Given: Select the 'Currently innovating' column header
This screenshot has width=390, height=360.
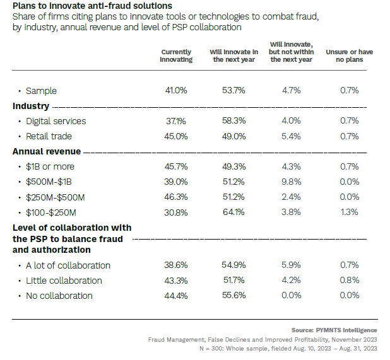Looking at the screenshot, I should click(x=176, y=55).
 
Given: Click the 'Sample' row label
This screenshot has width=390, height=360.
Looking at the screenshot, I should click(x=41, y=91).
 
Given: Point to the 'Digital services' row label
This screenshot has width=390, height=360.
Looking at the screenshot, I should click(x=56, y=121).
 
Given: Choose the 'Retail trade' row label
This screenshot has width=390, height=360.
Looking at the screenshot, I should click(x=49, y=136).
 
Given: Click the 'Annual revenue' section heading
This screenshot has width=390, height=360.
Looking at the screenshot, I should click(x=47, y=151).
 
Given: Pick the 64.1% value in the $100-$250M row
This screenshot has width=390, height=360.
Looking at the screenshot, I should click(x=233, y=212).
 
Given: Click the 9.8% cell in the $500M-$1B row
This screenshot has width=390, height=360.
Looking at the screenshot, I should click(x=291, y=182).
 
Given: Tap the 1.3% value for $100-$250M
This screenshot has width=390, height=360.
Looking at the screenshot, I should click(x=349, y=212).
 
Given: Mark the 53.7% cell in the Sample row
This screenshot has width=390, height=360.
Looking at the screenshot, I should click(x=233, y=91).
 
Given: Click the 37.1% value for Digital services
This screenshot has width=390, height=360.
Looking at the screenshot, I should click(x=176, y=121).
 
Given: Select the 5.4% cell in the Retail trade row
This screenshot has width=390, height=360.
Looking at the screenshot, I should click(x=291, y=136).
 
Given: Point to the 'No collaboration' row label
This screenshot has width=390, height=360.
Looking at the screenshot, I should click(x=59, y=296).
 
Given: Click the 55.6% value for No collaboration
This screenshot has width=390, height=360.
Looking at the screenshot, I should click(x=233, y=296).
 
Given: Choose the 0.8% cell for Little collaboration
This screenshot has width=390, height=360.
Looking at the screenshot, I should click(x=349, y=281).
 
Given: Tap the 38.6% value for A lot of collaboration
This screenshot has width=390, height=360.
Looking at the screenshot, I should click(x=176, y=265).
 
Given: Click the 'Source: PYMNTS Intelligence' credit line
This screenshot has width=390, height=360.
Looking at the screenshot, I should click(x=334, y=330).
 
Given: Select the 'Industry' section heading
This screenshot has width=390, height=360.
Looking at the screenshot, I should click(x=31, y=106).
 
